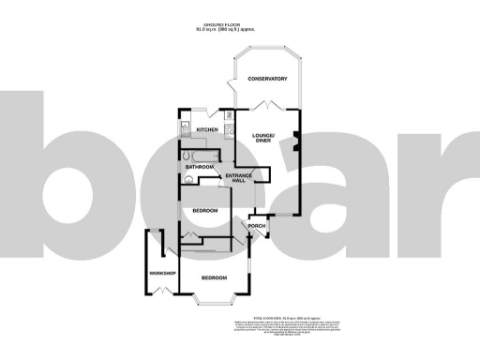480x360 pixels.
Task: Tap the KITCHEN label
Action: [x=207, y=129]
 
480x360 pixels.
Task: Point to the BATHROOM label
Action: [x=200, y=167]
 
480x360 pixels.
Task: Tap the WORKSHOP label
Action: [x=162, y=273]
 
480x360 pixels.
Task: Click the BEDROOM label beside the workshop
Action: [x=214, y=277]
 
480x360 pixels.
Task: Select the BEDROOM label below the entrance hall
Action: [x=204, y=211]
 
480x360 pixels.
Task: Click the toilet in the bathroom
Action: [x=187, y=177]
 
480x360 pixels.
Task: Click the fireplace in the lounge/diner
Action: [x=295, y=142]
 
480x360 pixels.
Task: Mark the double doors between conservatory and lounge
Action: [x=269, y=107]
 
